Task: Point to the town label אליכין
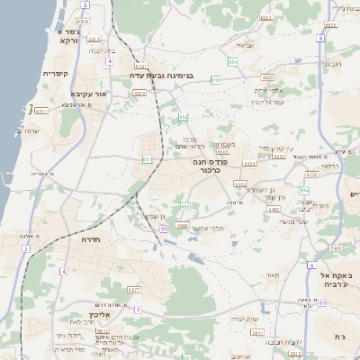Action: pos(99,316)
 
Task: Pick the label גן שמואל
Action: pos(154,216)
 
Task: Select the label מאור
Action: pos(273,275)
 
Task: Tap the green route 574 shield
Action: pos(304,191)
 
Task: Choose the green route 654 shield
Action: pos(233,61)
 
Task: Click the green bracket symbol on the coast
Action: pos(31,109)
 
